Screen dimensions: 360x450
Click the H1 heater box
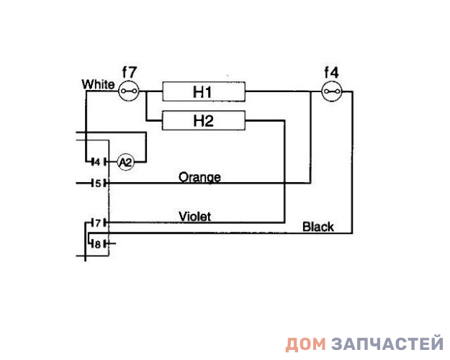(x=204, y=91)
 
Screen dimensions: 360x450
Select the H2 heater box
(x=204, y=120)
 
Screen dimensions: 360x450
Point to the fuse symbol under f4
(x=331, y=91)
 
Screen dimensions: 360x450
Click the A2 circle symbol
(x=125, y=162)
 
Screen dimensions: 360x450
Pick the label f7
(x=130, y=72)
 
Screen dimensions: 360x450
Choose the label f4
(x=332, y=72)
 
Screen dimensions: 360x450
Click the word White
(x=98, y=84)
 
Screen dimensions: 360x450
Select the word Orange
(x=199, y=177)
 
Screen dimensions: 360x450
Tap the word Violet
(x=194, y=216)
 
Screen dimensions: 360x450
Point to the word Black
(x=318, y=227)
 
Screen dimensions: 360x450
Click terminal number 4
(x=96, y=162)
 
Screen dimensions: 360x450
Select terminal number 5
(x=97, y=184)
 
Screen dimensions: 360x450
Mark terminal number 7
(x=96, y=222)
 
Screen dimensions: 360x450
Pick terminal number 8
(x=97, y=243)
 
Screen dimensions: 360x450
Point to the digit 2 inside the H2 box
(x=210, y=120)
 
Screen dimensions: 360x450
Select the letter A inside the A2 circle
(x=122, y=162)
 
